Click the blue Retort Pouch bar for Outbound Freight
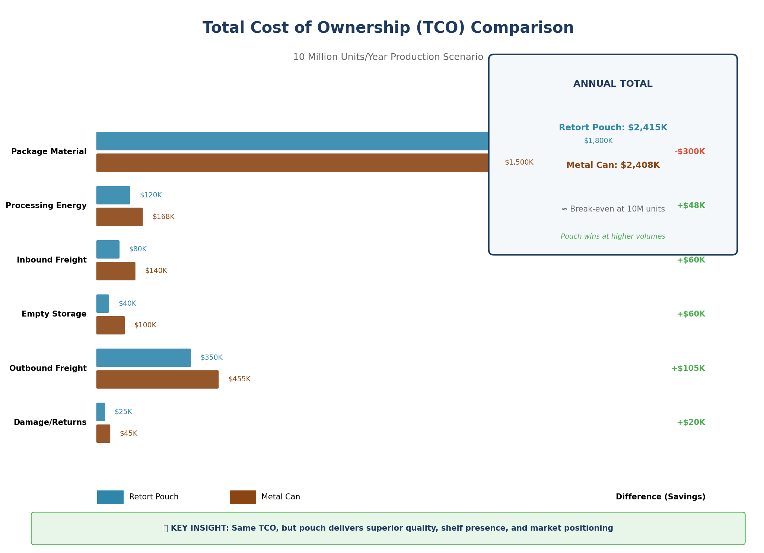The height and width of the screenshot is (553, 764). click(143, 358)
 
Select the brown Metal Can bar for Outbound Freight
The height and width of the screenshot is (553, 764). click(157, 379)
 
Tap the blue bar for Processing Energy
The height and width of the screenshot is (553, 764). click(113, 195)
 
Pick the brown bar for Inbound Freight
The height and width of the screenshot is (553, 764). click(116, 271)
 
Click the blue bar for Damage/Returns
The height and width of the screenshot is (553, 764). click(101, 412)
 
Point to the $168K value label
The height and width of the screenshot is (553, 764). click(163, 217)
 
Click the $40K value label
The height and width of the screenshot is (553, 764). click(127, 303)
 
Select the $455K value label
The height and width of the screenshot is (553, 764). click(239, 379)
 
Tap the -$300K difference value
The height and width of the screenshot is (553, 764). click(690, 152)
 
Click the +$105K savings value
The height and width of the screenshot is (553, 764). click(688, 368)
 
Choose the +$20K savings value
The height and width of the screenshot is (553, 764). click(691, 422)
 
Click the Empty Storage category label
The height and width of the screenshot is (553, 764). click(54, 314)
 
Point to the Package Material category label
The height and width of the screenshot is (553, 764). click(49, 152)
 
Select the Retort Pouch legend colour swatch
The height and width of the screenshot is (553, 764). click(110, 497)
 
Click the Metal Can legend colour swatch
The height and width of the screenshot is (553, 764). click(243, 497)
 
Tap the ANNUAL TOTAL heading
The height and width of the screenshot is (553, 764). click(613, 84)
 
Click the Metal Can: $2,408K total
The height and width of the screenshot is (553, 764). click(613, 165)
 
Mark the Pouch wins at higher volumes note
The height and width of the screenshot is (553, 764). click(613, 236)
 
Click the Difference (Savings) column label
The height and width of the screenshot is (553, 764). click(660, 497)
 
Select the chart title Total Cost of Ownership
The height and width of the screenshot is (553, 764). click(388, 28)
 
